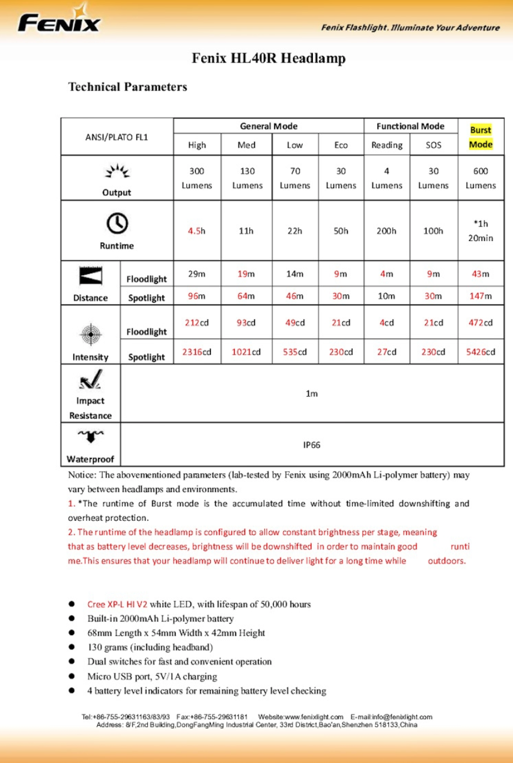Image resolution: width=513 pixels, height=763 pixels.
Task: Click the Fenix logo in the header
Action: coord(59,22)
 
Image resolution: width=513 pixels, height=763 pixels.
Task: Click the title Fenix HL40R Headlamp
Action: coord(269,59)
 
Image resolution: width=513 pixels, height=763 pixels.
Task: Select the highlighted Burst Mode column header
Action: coord(481,137)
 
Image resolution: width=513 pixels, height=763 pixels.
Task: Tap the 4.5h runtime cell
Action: coord(196,231)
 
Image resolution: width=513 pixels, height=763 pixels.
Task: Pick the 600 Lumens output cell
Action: coord(481,178)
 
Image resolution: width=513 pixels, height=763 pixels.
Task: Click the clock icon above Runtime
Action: coord(117,223)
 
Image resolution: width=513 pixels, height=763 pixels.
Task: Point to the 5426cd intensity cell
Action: coord(481,352)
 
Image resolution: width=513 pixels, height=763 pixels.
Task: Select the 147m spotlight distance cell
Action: coord(481,296)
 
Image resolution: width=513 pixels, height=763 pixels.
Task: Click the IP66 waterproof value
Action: coord(312,445)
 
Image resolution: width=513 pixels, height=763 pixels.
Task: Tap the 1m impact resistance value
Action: coord(312,394)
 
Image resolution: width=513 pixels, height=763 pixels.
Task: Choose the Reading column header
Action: coord(387,145)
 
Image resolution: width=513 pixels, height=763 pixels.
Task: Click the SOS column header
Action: coord(433,145)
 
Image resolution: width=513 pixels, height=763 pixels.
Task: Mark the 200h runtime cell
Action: coord(387,231)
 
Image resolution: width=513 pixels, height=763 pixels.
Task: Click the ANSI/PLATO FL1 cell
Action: coord(117,136)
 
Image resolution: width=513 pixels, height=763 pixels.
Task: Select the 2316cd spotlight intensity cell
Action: coord(196,352)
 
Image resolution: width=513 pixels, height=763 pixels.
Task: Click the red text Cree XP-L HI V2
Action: coord(117,604)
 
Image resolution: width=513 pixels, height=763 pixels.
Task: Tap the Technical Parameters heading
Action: coord(127,87)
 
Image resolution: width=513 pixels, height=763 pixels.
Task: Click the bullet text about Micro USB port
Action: coord(152,676)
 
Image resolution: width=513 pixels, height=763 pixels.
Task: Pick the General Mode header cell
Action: coord(269,126)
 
